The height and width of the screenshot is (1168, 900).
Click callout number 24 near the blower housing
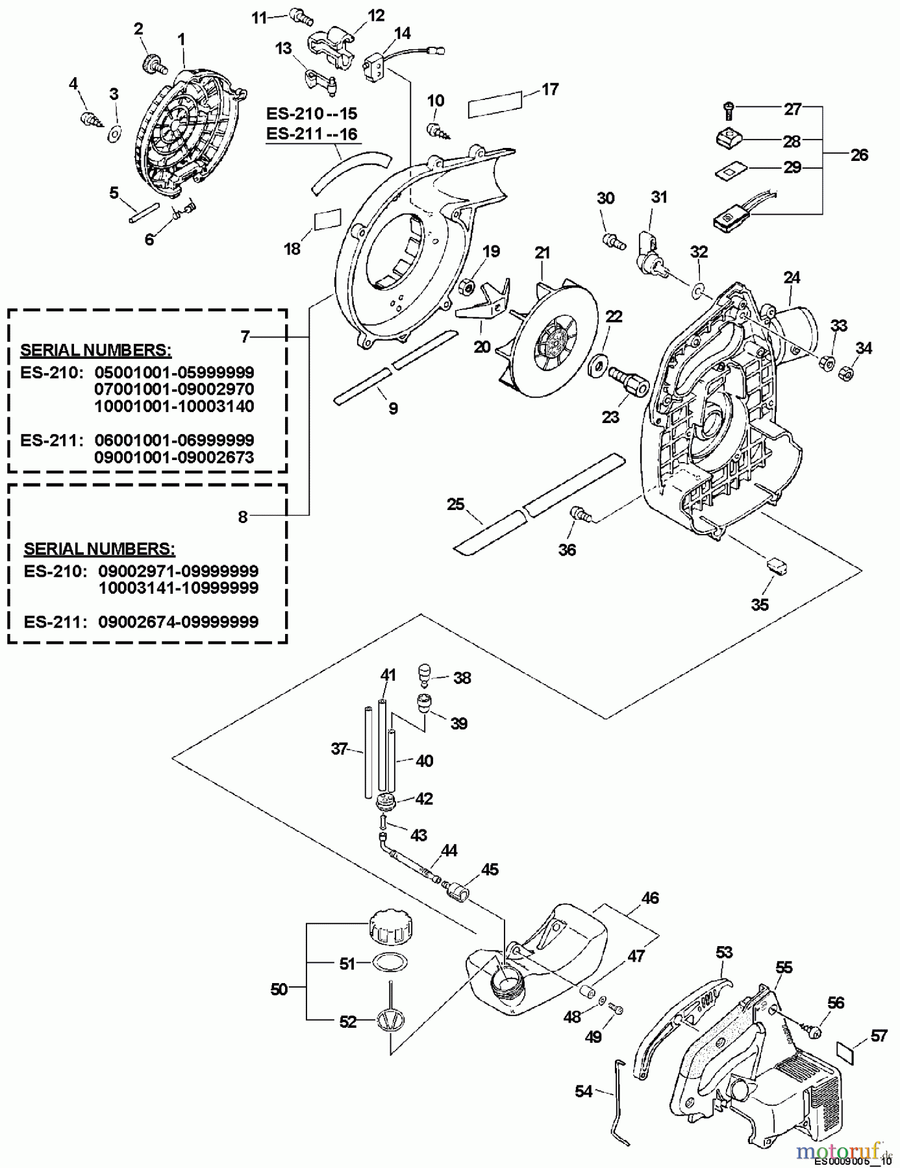792,278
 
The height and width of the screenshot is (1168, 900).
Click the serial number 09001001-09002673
174,457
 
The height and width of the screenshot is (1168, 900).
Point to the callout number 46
649,897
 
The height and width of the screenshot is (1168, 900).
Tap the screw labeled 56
812,1029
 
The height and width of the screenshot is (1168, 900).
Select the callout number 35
760,605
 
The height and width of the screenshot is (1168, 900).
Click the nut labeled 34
846,374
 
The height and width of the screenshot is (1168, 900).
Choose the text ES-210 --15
312,114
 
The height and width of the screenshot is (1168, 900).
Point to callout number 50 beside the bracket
279,990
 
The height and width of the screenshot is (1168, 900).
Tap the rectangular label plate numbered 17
495,104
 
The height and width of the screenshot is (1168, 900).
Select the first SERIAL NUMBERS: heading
96,350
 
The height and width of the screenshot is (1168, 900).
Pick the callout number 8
243,517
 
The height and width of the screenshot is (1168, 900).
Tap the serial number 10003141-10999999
178,588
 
